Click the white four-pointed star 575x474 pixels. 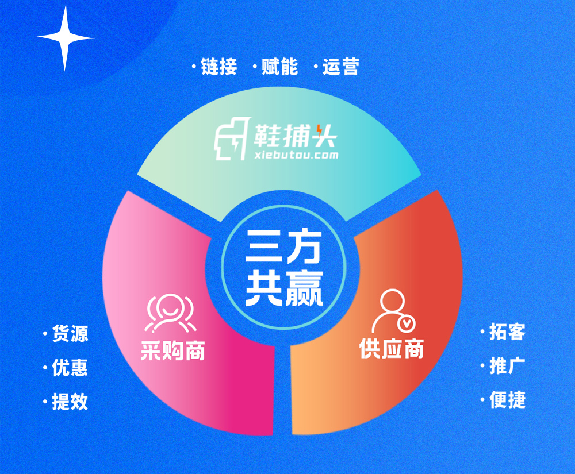(66, 37)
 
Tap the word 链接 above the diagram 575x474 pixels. (219, 67)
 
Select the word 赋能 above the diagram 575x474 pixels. (280, 67)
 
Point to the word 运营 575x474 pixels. (340, 67)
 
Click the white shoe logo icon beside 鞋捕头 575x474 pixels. (232, 139)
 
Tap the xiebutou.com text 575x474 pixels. (296, 155)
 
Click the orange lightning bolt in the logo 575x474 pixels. (319, 131)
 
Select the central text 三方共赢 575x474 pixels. (284, 268)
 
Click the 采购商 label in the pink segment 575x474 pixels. (172, 350)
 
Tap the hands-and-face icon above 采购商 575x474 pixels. (170, 313)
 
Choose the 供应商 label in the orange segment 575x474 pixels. (392, 348)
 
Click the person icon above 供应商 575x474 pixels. (393, 311)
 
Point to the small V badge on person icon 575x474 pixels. (407, 323)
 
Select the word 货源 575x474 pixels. (70, 333)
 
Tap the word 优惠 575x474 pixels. (70, 367)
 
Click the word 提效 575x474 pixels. (70, 402)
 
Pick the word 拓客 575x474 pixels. (508, 332)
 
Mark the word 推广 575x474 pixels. (508, 366)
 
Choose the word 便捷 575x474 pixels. (508, 400)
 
